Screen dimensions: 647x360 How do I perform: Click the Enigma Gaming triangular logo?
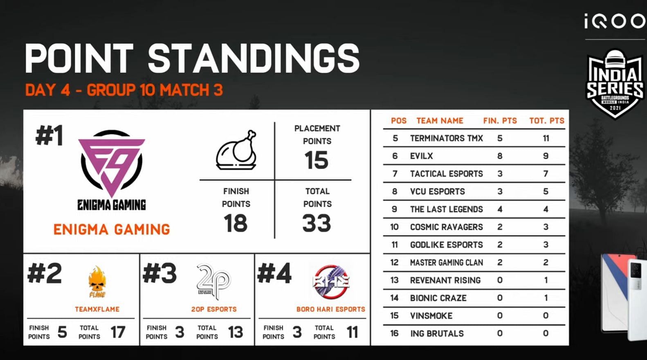[112, 164]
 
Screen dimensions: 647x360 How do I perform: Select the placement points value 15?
[317, 160]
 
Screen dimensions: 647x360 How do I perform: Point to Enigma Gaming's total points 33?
[317, 223]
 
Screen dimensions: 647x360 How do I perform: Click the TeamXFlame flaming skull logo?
[97, 282]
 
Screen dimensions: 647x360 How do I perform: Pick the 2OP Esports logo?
[213, 281]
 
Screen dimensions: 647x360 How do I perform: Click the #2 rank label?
[45, 273]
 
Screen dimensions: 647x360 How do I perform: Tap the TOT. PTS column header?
[546, 121]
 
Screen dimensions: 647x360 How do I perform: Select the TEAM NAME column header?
[440, 121]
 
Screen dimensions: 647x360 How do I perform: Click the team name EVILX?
[421, 156]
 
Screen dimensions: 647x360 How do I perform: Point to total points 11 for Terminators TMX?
[546, 138]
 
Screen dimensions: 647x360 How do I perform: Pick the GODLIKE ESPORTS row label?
[446, 245]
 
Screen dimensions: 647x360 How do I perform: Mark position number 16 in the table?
[395, 333]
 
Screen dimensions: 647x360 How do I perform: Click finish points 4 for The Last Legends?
[500, 209]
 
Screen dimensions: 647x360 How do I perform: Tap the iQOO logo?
[615, 21]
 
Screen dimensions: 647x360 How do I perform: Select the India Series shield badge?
[615, 84]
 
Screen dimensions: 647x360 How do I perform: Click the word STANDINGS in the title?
[254, 59]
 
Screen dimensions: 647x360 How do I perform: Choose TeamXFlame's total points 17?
[118, 332]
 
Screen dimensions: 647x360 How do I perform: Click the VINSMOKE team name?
[431, 316]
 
